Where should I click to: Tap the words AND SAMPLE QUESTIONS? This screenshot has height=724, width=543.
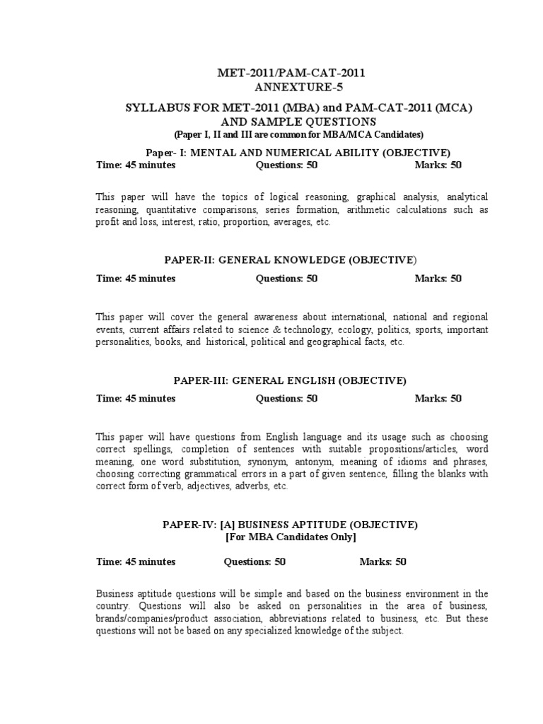click(298, 122)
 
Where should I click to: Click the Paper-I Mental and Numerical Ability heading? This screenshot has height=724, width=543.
click(298, 152)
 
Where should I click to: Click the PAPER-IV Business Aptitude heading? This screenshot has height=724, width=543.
click(291, 525)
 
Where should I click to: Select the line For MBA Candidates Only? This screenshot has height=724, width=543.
click(291, 538)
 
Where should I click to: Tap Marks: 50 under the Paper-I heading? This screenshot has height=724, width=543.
click(438, 165)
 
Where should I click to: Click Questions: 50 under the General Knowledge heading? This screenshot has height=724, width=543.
click(286, 278)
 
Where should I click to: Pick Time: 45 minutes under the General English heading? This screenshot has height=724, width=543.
click(136, 398)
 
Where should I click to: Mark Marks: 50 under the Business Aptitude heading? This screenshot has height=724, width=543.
click(383, 561)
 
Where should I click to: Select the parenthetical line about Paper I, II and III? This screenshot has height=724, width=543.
click(298, 134)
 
